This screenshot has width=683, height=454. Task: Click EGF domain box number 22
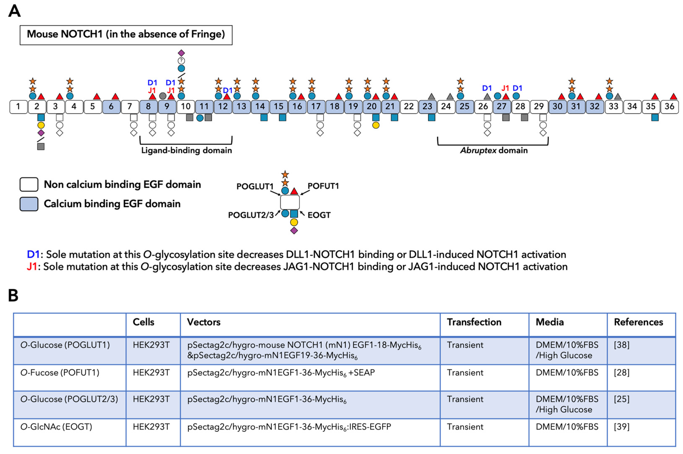tap(409, 107)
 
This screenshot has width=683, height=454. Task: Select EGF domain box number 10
tap(185, 107)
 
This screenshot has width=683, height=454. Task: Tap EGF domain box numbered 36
tap(669, 107)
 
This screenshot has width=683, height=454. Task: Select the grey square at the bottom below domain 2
tap(41, 147)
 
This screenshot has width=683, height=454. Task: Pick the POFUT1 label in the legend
tap(323, 186)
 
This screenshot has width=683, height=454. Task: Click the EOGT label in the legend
tap(319, 215)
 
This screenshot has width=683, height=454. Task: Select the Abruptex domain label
tap(494, 150)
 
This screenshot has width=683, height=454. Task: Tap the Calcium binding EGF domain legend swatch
tap(29, 204)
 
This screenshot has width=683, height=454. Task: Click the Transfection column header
tap(474, 322)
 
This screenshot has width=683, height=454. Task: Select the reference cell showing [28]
tap(622, 372)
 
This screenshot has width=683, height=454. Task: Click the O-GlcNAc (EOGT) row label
tap(56, 427)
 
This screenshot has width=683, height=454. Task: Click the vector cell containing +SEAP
tap(281, 372)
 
